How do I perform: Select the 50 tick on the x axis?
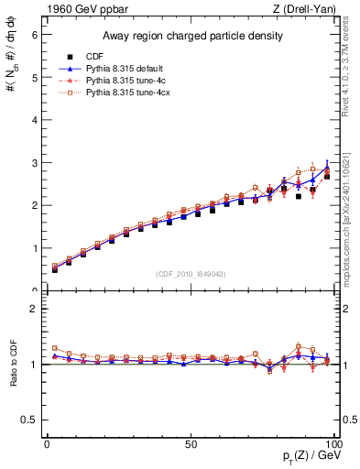191,444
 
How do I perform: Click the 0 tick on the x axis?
48,444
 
